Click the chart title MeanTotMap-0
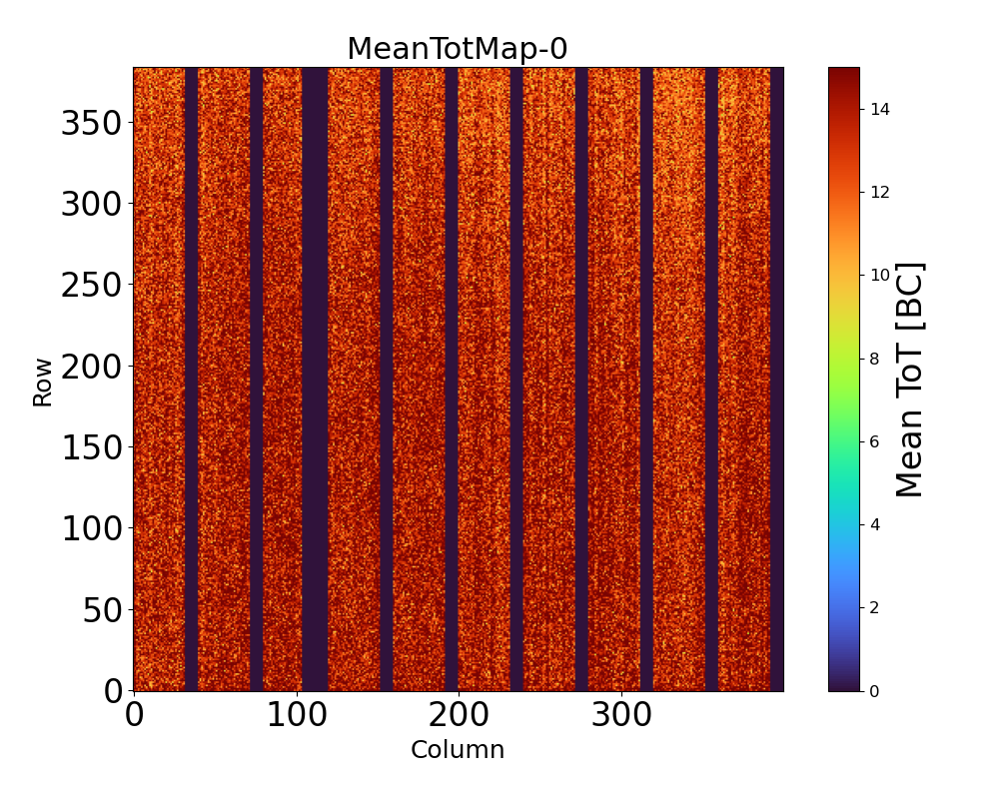click(x=457, y=49)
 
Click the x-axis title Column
click(x=458, y=750)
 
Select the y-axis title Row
click(x=42, y=384)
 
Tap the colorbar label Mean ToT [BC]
click(x=909, y=380)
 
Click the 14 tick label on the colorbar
click(x=880, y=109)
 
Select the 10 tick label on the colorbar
click(x=880, y=275)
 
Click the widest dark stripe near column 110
click(x=315, y=380)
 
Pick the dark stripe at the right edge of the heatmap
click(x=777, y=380)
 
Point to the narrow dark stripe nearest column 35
click(x=191, y=380)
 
